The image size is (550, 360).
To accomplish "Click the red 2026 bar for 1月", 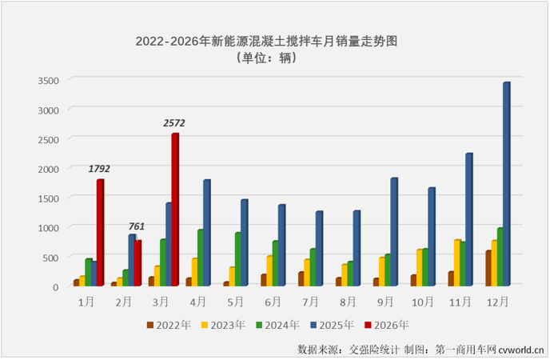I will pyautogui.click(x=100, y=232).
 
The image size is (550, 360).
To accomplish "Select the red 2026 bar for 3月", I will pyautogui.click(x=174, y=210).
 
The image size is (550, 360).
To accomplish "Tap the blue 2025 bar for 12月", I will pyautogui.click(x=505, y=184).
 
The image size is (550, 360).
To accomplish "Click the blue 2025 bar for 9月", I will pyautogui.click(x=393, y=231).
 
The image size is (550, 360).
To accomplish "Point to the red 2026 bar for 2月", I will pyautogui.click(x=137, y=262).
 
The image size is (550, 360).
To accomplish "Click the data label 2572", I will pyautogui.click(x=174, y=123).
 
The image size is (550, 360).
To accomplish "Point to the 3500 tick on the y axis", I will pyautogui.click(x=49, y=80).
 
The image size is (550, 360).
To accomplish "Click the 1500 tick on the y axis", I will pyautogui.click(x=49, y=198).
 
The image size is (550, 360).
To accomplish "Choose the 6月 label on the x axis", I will pyautogui.click(x=273, y=301).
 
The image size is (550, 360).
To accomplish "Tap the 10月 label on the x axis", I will pyautogui.click(x=423, y=301).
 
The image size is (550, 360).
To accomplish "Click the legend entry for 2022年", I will pyautogui.click(x=169, y=325).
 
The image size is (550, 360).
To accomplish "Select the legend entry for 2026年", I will pyautogui.click(x=389, y=325).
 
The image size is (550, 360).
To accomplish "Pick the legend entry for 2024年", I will pyautogui.click(x=279, y=325).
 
